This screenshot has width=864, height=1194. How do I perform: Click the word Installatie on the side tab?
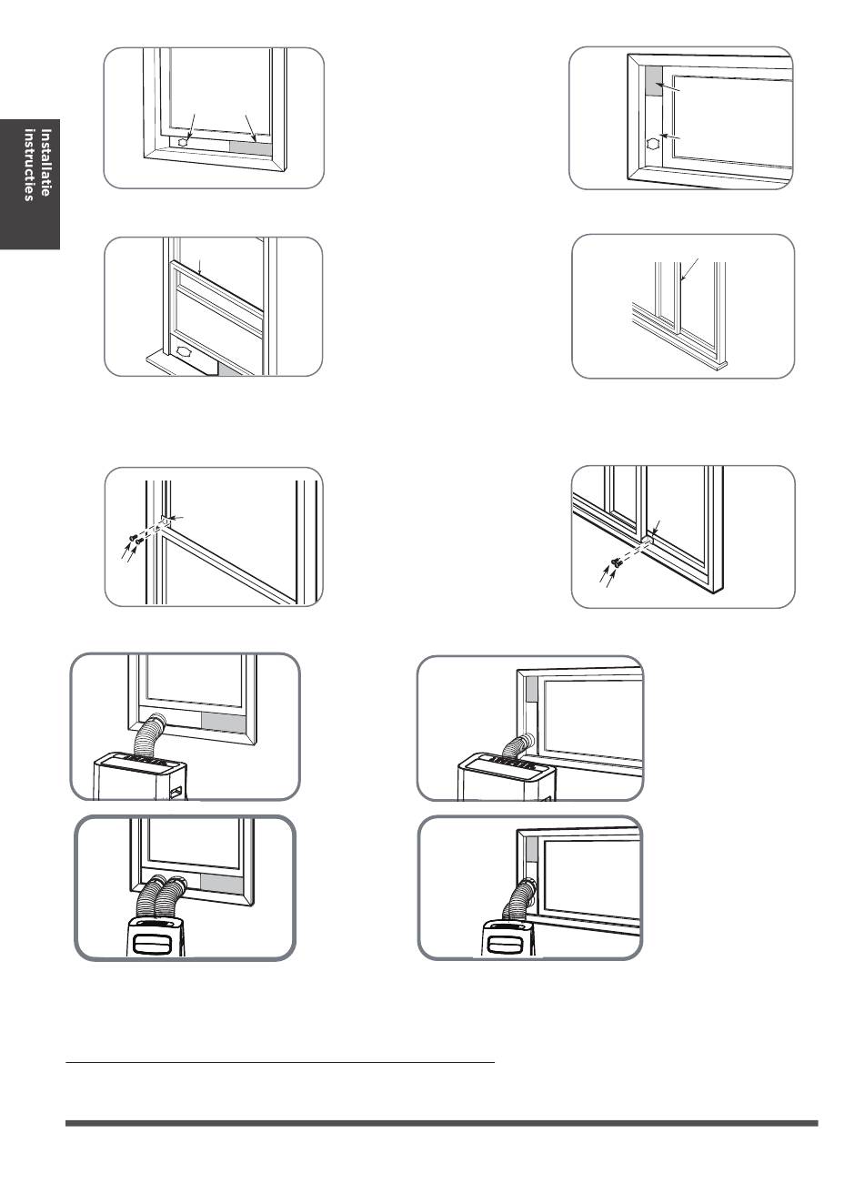click(x=45, y=163)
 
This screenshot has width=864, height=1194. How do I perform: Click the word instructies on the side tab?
click(x=29, y=165)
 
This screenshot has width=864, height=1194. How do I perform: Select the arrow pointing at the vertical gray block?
click(x=668, y=87)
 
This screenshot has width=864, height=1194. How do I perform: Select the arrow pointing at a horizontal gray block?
click(x=250, y=128)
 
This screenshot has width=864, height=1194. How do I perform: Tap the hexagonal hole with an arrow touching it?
click(x=183, y=143)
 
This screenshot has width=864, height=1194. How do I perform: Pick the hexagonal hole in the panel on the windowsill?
click(x=182, y=351)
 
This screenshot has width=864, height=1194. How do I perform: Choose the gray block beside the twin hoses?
click(x=221, y=884)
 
